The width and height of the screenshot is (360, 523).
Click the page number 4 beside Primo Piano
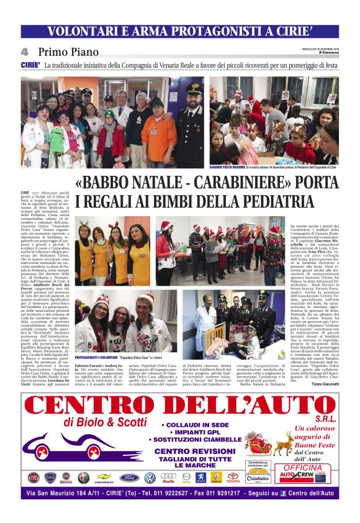(x=25, y=52)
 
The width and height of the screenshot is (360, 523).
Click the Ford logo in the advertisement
(x=129, y=477)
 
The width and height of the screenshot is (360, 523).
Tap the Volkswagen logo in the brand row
(x=150, y=477)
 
